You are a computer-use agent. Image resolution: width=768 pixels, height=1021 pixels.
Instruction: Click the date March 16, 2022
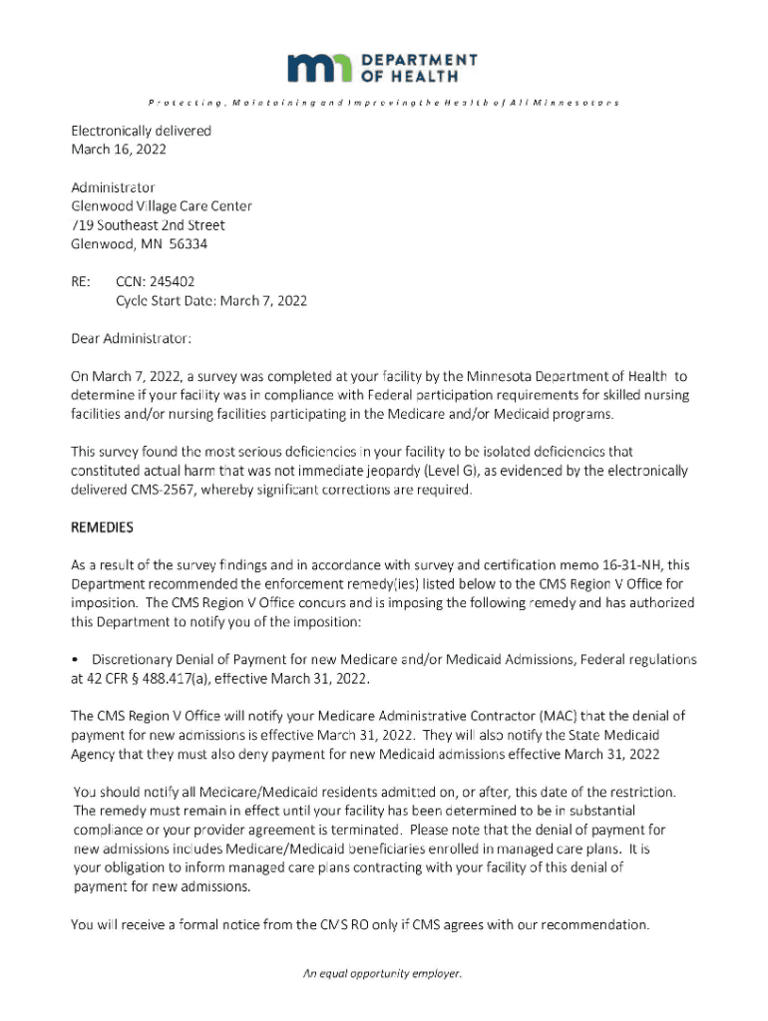pyautogui.click(x=118, y=150)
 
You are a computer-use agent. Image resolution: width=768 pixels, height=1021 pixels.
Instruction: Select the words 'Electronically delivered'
pyautogui.click(x=141, y=131)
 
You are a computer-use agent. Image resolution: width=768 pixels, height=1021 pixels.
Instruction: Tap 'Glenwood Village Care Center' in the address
pyautogui.click(x=162, y=206)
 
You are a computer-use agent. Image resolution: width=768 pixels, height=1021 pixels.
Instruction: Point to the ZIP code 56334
pyautogui.click(x=188, y=244)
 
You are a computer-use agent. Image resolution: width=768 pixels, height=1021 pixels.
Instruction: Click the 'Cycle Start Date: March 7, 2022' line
pyautogui.click(x=211, y=301)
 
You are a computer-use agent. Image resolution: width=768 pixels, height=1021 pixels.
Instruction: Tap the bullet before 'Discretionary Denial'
pyautogui.click(x=76, y=660)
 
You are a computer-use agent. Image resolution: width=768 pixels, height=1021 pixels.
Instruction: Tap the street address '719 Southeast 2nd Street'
pyautogui.click(x=148, y=225)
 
